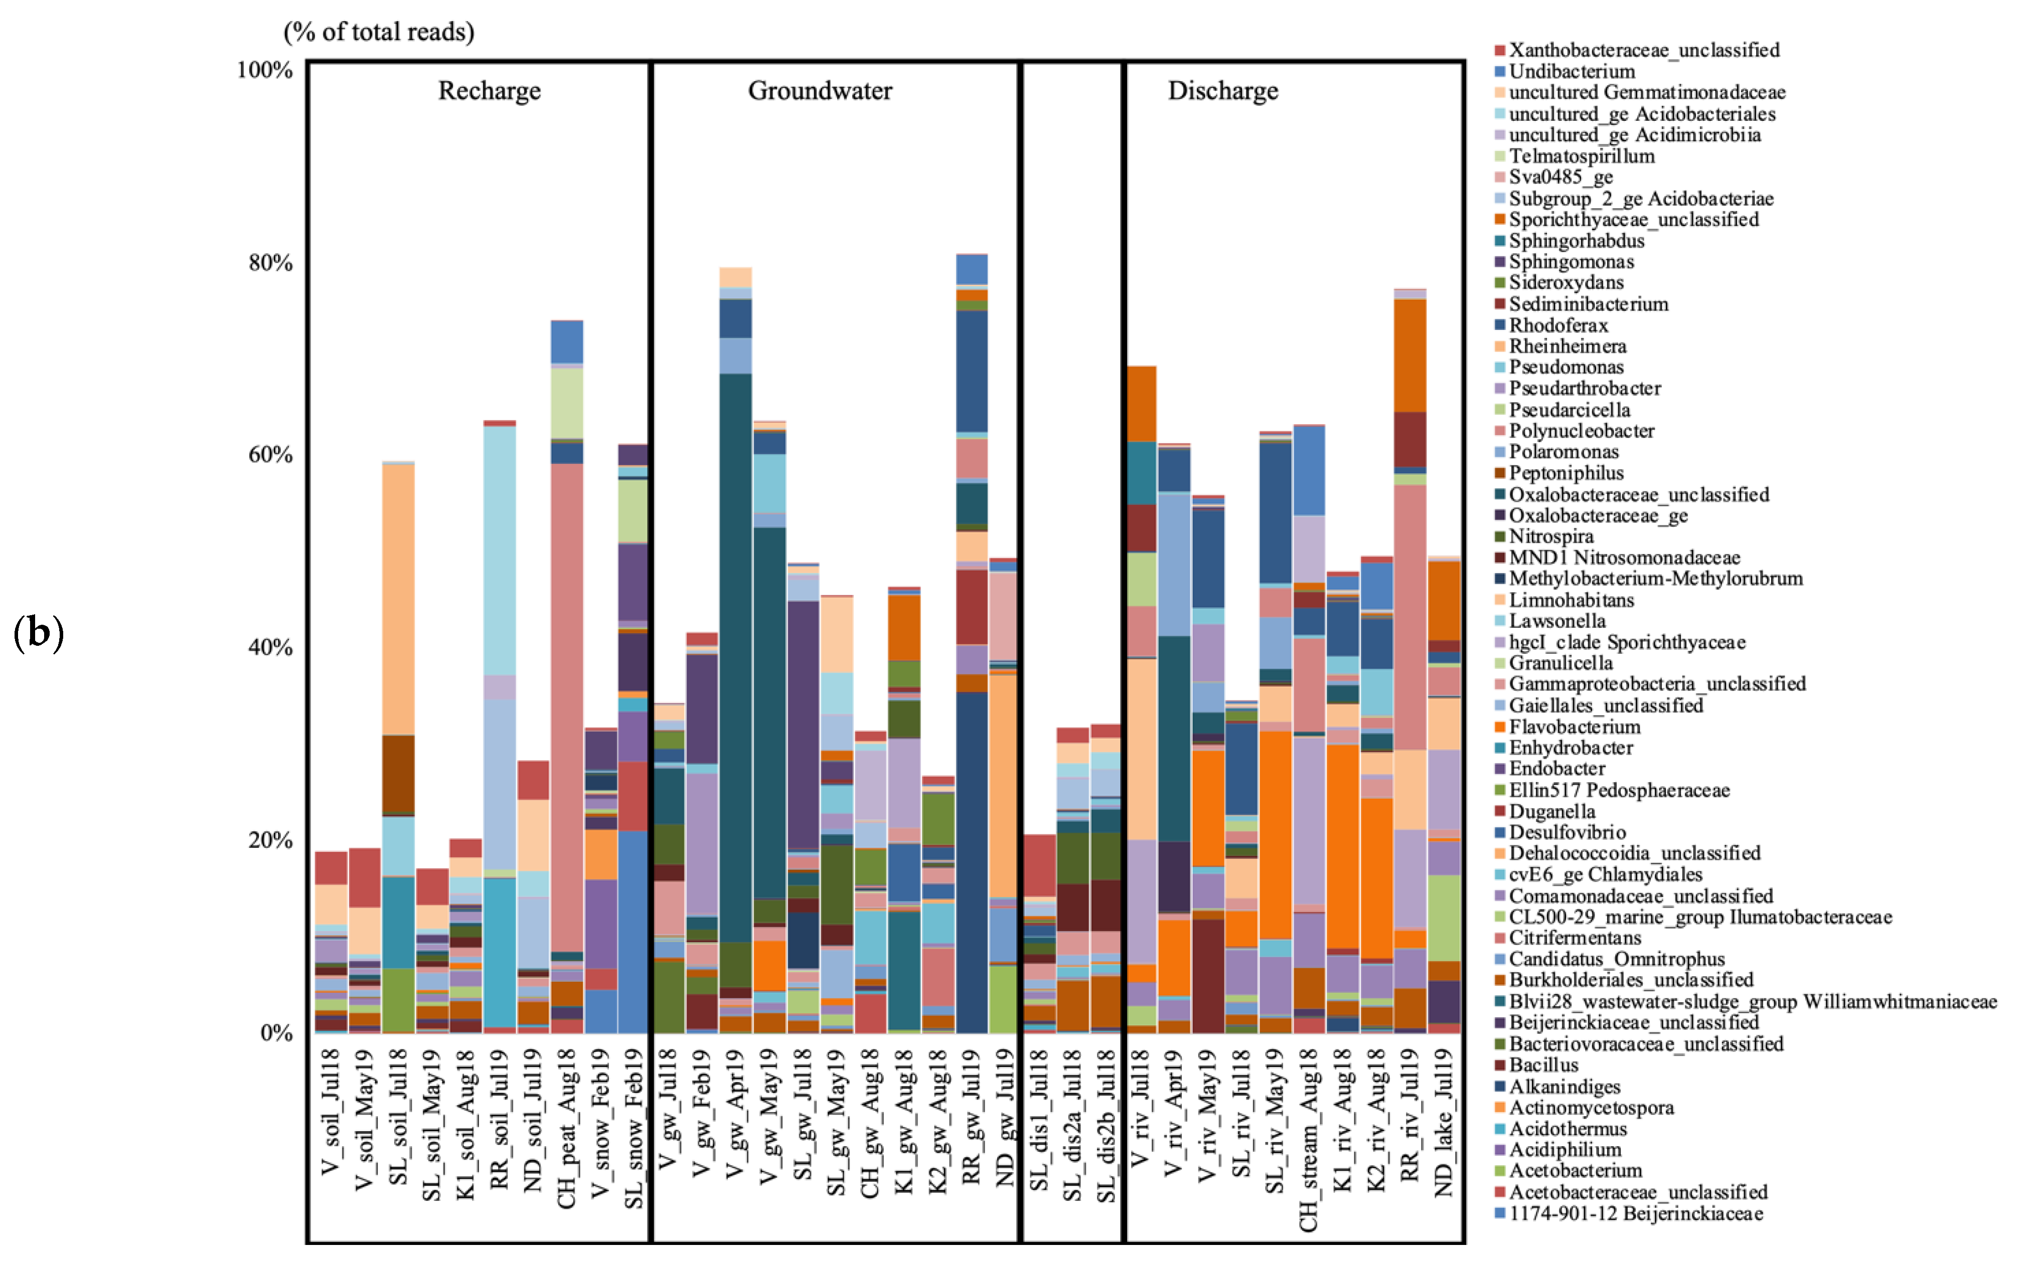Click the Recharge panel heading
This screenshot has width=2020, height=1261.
coord(489,90)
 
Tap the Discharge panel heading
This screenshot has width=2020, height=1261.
coord(1222,90)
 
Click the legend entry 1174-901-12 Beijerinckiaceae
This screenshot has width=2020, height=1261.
coord(1635,1213)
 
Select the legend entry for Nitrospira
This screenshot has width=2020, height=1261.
coord(1550,536)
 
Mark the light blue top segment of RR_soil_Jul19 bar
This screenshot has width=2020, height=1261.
coord(499,551)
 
